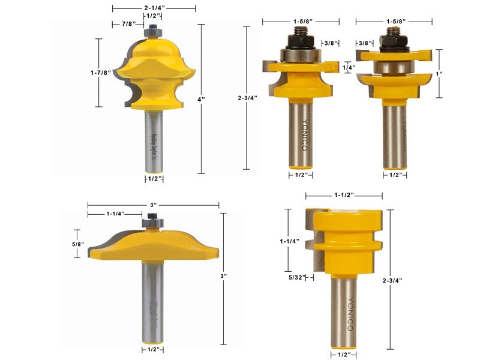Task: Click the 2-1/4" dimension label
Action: (x=154, y=8)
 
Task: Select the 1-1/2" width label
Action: (x=344, y=196)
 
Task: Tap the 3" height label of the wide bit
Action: (x=223, y=277)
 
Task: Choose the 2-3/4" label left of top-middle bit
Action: (x=247, y=97)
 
